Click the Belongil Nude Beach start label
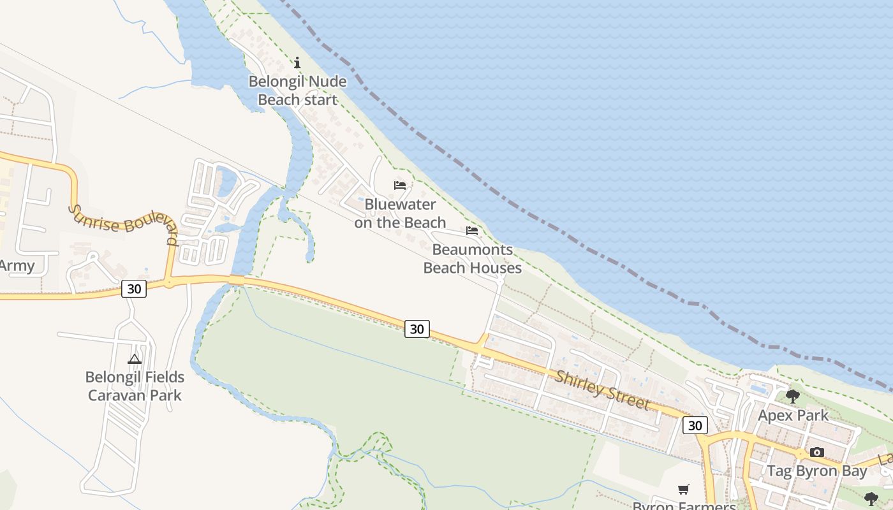(x=297, y=91)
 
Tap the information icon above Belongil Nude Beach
(x=297, y=62)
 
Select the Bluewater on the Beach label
(x=400, y=214)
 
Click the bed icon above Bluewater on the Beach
(x=400, y=186)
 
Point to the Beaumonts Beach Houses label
(x=473, y=259)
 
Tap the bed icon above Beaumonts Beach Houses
(x=472, y=230)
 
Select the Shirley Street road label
(x=602, y=390)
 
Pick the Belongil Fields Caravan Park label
(x=135, y=386)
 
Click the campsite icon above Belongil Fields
(x=134, y=359)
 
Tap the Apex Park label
(x=793, y=416)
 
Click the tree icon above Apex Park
(x=793, y=397)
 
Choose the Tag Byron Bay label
(x=816, y=472)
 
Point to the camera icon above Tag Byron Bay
(x=817, y=453)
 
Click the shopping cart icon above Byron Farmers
(x=684, y=489)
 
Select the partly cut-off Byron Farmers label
(x=684, y=506)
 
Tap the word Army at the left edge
(x=17, y=266)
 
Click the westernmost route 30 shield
(x=134, y=289)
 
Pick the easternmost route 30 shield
(x=695, y=425)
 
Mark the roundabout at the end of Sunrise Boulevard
(x=170, y=281)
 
